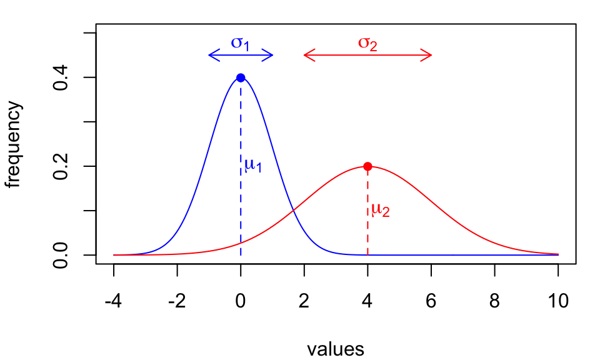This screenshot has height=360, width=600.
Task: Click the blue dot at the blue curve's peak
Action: tap(241, 77)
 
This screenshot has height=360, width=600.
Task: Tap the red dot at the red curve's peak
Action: tap(367, 166)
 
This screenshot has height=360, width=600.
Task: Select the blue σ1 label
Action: tap(241, 43)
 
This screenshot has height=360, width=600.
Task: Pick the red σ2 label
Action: tap(367, 43)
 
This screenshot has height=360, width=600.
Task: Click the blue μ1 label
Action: tap(253, 166)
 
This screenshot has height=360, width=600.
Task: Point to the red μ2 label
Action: tap(380, 210)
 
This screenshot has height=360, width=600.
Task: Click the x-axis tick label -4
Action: tap(113, 301)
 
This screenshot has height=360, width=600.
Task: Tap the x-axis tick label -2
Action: tap(177, 301)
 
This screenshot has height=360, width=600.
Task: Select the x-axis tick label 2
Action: tap(304, 301)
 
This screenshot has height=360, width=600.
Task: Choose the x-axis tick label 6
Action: tap(431, 301)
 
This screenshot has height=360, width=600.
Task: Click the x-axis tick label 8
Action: tap(495, 301)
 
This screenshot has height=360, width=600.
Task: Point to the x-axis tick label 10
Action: tap(558, 301)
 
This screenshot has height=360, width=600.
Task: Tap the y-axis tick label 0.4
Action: tap(61, 77)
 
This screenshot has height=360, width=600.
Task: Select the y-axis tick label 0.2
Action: tap(61, 166)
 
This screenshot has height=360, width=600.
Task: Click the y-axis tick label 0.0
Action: tap(61, 255)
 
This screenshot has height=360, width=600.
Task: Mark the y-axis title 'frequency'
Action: tap(14, 144)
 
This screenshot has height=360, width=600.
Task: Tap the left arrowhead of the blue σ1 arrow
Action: tap(210, 56)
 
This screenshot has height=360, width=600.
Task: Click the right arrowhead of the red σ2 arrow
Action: tap(430, 56)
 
